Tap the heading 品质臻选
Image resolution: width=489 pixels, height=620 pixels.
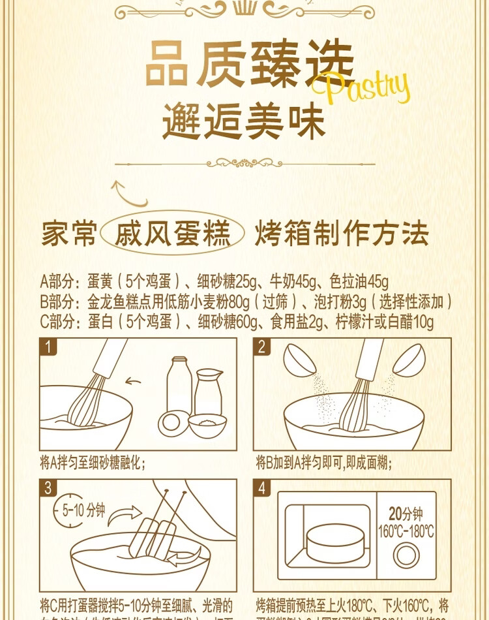coord(249,64)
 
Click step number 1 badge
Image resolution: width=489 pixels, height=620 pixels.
coord(48,346)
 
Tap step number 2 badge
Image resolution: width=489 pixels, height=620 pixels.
coord(262,346)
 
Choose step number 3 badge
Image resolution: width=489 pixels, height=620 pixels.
coord(48,488)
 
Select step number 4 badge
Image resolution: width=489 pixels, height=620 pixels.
coord(262,488)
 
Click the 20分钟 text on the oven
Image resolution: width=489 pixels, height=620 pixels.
coord(406,514)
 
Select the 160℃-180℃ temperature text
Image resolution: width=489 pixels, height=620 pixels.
coord(406,531)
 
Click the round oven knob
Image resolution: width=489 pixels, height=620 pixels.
coord(406,557)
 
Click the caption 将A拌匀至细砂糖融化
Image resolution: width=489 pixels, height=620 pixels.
coord(92,463)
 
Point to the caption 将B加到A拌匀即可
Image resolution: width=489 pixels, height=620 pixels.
coord(323,463)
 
